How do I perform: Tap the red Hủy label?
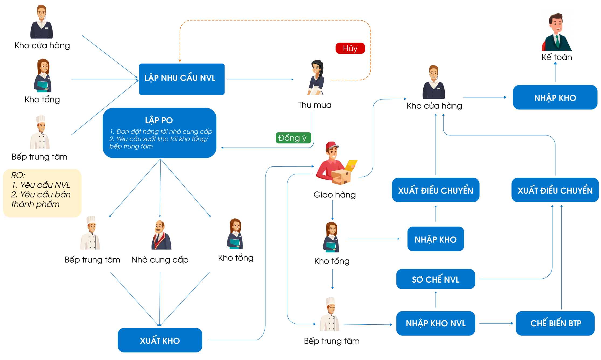(x=350, y=49)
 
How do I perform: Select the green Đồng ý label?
(x=293, y=138)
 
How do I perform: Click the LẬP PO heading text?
(x=159, y=120)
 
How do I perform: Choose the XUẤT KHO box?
(x=160, y=340)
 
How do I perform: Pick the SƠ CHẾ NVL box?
(x=436, y=279)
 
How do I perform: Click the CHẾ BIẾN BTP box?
(x=555, y=323)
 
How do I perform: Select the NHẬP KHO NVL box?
(x=436, y=323)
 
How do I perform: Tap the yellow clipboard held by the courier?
(x=351, y=165)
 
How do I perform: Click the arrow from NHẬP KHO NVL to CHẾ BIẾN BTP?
(x=496, y=323)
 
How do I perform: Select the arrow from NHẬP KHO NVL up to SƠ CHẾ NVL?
(x=436, y=300)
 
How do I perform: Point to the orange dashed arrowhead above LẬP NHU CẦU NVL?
(x=180, y=61)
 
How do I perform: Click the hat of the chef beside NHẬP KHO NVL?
(x=330, y=301)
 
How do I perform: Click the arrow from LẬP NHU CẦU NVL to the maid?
(x=260, y=79)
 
